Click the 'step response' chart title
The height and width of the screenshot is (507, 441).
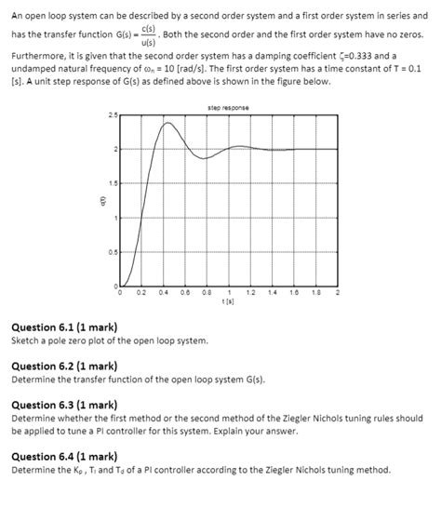coord(228,108)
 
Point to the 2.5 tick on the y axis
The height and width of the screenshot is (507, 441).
coord(113,115)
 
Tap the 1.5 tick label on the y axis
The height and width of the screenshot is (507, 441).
coord(113,184)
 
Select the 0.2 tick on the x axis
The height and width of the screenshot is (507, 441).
coord(141,292)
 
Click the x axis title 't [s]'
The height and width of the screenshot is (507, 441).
coord(228,300)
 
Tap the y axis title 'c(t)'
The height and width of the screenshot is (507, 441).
coord(92,201)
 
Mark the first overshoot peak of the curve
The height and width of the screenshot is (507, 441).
coord(167,123)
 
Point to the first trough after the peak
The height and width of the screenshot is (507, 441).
coord(203,158)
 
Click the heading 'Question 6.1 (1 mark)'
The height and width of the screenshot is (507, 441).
coord(63,327)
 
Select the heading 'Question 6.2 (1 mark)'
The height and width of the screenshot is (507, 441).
coord(63,367)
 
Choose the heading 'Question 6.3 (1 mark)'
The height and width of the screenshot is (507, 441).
coord(63,405)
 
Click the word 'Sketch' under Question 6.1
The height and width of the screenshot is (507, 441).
coord(26,340)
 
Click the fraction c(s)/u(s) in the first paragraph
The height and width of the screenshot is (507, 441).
coord(147,34)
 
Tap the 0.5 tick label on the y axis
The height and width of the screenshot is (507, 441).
coord(113,252)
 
